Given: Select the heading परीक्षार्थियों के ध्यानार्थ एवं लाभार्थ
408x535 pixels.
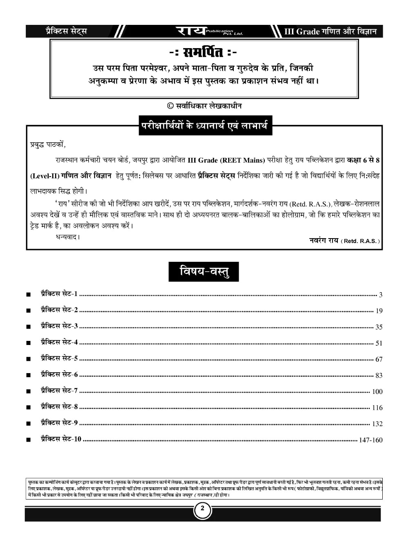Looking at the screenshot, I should click(x=204, y=126).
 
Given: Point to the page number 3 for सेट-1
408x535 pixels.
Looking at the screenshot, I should click(x=380, y=295).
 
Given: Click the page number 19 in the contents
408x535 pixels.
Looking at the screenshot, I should click(x=379, y=311).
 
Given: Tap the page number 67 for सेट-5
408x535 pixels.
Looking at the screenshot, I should click(x=379, y=359).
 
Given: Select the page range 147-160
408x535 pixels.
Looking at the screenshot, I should click(x=371, y=440).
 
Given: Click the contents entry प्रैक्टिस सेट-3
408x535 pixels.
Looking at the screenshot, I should click(x=59, y=326).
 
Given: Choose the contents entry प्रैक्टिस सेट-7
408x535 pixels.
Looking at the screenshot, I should click(x=59, y=391).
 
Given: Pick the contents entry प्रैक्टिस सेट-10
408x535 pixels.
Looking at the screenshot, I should click(x=61, y=439).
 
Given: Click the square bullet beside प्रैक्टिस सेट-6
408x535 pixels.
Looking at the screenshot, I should click(x=28, y=376).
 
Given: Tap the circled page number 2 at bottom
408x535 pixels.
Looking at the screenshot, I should click(x=203, y=509).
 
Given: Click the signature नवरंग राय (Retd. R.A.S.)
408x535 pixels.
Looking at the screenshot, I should click(x=345, y=241).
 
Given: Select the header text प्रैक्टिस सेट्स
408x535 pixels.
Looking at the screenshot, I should click(x=66, y=31).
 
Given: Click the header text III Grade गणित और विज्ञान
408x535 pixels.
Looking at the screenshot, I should click(x=330, y=31).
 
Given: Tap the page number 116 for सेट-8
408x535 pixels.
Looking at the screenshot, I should click(x=377, y=408).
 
